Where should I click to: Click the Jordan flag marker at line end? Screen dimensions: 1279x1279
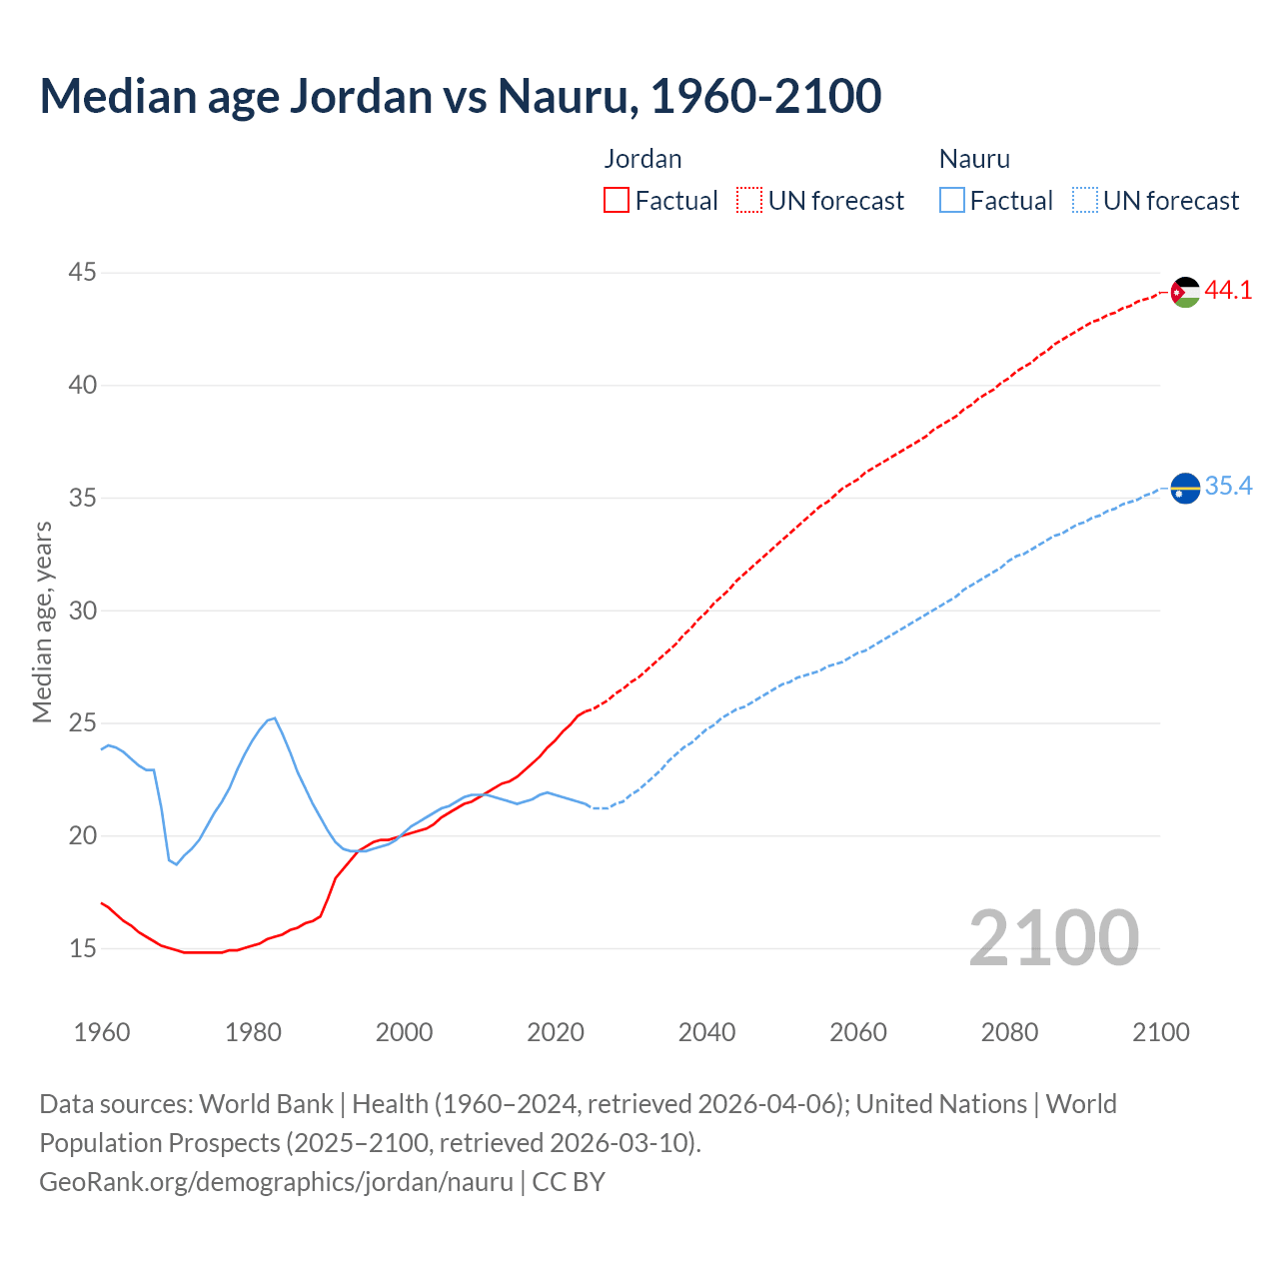(x=1185, y=292)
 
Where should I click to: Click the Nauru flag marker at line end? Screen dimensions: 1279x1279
(x=1185, y=489)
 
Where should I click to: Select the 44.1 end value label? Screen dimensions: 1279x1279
(x=1228, y=291)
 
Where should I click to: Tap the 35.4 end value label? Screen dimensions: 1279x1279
(x=1228, y=487)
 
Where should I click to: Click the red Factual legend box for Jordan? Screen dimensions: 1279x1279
(x=617, y=201)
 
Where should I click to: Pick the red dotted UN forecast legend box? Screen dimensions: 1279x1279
(x=749, y=201)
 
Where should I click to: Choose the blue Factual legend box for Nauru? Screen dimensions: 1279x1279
(x=952, y=201)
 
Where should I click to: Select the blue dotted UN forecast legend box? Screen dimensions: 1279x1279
(x=1085, y=201)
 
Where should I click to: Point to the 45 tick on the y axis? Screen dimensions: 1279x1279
(x=83, y=273)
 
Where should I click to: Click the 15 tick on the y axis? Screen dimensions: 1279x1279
(x=83, y=948)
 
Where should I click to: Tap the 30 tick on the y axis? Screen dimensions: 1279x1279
(x=83, y=611)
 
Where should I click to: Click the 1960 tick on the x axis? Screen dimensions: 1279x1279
(x=102, y=1032)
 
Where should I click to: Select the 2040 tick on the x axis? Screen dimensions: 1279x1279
(x=706, y=1032)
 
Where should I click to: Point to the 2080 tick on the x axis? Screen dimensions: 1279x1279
(x=1009, y=1032)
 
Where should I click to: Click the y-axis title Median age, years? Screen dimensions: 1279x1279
(x=42, y=622)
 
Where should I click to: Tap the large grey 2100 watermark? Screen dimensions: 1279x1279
(x=1054, y=937)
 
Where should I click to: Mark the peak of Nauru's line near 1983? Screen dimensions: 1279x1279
(x=274, y=717)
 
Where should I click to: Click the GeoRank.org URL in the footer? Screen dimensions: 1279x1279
(x=276, y=1182)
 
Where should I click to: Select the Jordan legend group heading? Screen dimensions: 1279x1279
(x=642, y=159)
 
